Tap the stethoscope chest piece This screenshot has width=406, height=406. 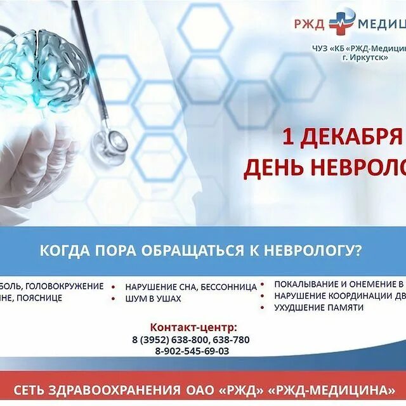point(108,142)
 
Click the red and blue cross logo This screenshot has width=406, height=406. point(342,23)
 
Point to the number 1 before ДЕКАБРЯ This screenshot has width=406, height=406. point(289,136)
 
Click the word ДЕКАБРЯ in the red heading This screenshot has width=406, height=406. point(352,136)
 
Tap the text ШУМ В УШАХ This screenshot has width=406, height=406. point(153,298)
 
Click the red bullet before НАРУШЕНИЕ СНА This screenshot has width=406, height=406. point(114,287)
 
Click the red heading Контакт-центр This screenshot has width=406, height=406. point(193,327)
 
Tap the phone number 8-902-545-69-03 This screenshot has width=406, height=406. point(192,351)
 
